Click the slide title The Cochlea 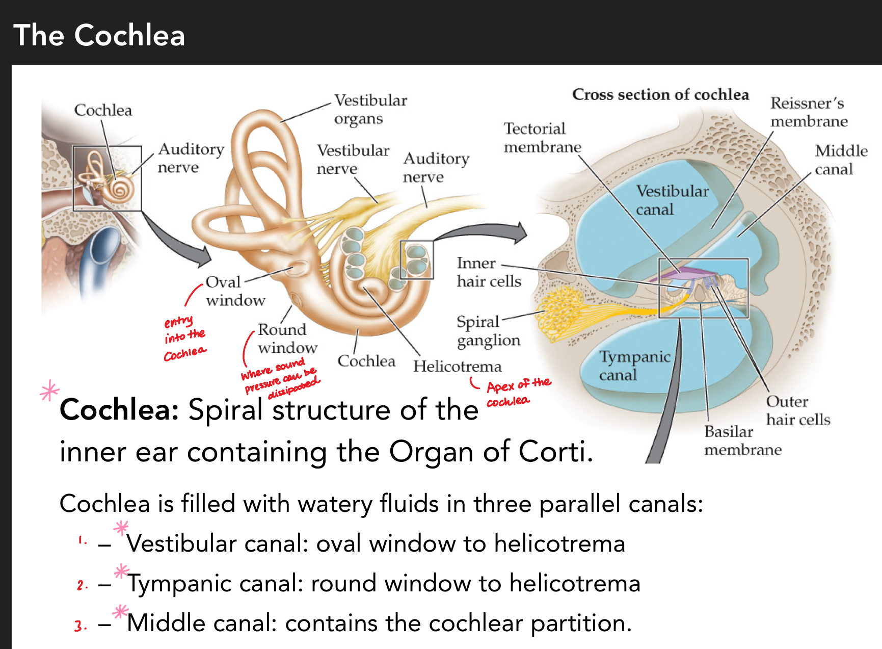click(99, 35)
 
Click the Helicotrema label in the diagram click(457, 366)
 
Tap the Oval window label click(234, 291)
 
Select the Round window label click(287, 338)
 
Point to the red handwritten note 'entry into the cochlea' click(184, 338)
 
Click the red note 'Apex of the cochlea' click(517, 392)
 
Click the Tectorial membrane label click(542, 138)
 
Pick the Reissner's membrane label click(808, 112)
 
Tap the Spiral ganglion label click(488, 331)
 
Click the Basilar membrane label click(742, 440)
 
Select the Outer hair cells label click(797, 410)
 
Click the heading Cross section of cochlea click(660, 94)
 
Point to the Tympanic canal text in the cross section click(633, 366)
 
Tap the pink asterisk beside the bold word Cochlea click(49, 391)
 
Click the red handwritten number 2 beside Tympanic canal click(81, 585)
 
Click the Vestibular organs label click(370, 109)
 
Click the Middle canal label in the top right click(841, 160)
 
